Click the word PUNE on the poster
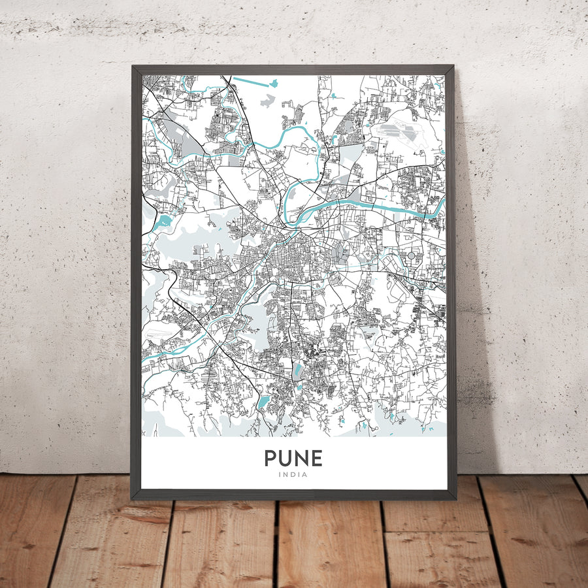[x=293, y=458]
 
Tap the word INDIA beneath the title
[x=293, y=475]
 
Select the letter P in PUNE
[x=270, y=458]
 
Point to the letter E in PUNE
[x=317, y=458]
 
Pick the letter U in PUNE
[x=286, y=458]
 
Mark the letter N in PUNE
[x=302, y=458]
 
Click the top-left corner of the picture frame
[x=133, y=67]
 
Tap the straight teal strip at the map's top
[x=253, y=82]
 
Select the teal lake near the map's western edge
[x=163, y=221]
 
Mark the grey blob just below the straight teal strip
[x=267, y=101]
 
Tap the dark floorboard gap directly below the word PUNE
[x=277, y=542]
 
